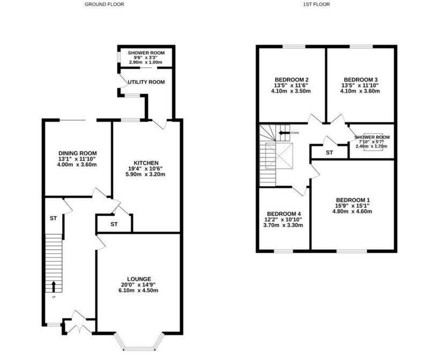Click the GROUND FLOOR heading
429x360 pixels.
click(x=104, y=4)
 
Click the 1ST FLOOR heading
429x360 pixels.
click(x=316, y=4)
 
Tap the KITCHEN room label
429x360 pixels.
click(x=146, y=163)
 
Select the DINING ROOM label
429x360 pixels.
click(x=78, y=153)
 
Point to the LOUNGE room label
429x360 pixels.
click(x=139, y=279)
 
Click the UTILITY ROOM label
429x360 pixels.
click(x=146, y=82)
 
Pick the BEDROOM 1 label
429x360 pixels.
click(x=353, y=200)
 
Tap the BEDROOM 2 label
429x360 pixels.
click(x=292, y=79)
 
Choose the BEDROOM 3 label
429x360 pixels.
click(x=360, y=79)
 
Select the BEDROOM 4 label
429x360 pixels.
click(x=284, y=214)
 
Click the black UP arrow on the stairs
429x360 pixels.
click(x=54, y=286)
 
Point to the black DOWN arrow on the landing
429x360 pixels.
click(x=284, y=133)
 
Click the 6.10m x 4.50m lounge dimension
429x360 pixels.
click(x=138, y=290)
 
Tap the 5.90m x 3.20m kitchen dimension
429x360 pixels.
click(x=145, y=174)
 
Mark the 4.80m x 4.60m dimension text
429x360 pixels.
click(x=352, y=211)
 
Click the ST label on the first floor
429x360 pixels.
click(x=329, y=152)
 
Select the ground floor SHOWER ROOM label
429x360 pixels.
click(x=146, y=53)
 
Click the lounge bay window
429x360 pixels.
click(x=139, y=342)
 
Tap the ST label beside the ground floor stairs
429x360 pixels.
click(x=53, y=218)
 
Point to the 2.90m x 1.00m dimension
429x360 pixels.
click(x=145, y=62)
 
